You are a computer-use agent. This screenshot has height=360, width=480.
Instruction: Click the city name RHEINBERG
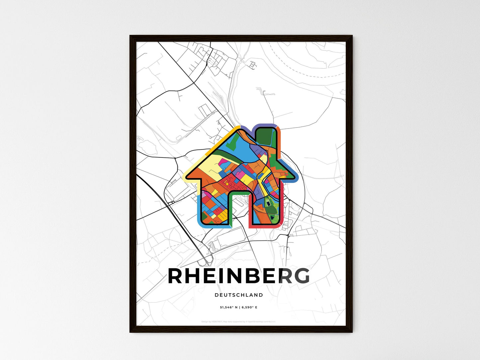pyautogui.click(x=239, y=276)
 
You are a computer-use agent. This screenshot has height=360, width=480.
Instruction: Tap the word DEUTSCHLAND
pyautogui.click(x=239, y=295)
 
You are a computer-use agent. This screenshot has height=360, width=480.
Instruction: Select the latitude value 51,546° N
pyautogui.click(x=229, y=308)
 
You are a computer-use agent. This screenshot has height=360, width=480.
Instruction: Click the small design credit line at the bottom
pyautogui.click(x=238, y=321)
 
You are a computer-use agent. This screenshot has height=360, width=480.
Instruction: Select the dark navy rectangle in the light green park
pyautogui.click(x=268, y=201)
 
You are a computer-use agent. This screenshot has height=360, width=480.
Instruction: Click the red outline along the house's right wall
pyautogui.click(x=281, y=206)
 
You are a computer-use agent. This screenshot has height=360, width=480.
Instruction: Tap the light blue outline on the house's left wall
pyautogui.click(x=198, y=209)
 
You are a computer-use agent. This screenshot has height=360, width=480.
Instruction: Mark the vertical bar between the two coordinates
pyautogui.click(x=239, y=308)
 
